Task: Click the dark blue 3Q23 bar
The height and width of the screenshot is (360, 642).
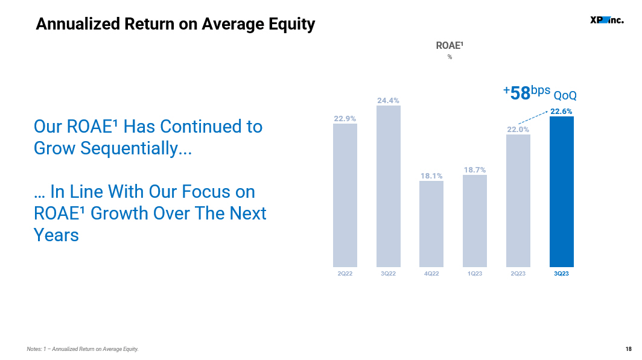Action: coord(561,192)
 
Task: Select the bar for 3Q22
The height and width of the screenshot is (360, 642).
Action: coord(389,186)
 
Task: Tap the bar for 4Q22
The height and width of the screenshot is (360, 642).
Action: coord(431,224)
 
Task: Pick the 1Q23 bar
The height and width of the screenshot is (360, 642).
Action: coord(475,221)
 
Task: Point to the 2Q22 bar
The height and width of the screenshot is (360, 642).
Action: coord(345,195)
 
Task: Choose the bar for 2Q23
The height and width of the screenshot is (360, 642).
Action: coord(518,201)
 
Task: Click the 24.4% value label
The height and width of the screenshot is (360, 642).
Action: coord(388,101)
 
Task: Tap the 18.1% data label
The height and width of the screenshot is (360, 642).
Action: coord(431,176)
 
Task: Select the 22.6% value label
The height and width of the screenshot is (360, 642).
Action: coord(561,112)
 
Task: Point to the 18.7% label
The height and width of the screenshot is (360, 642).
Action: coord(475,170)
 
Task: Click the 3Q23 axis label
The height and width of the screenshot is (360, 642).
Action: coord(561,273)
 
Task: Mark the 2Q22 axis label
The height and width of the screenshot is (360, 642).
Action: coord(345,273)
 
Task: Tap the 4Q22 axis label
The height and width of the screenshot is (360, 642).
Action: coord(431,273)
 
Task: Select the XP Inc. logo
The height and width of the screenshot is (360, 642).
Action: coord(607,20)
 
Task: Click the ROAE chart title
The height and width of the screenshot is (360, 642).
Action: coord(450,45)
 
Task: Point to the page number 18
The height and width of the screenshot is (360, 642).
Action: coord(629,349)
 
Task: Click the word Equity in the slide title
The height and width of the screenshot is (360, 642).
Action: coord(292,25)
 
